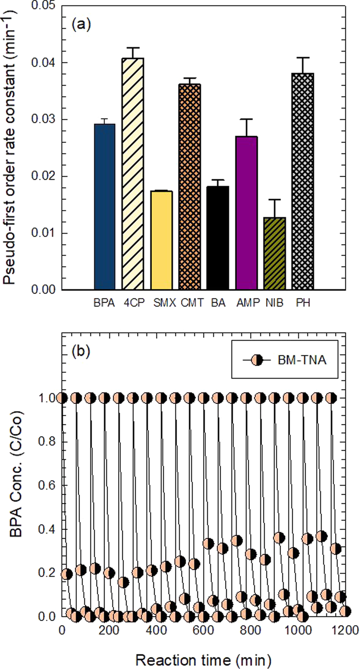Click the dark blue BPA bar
pos(104,207)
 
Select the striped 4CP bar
pos(132,175)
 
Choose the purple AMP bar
pos(246,213)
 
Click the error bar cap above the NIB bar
pos(274,200)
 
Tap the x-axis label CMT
pos(192,303)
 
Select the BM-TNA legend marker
pos(256,360)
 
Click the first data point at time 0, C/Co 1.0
pos(62,398)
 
